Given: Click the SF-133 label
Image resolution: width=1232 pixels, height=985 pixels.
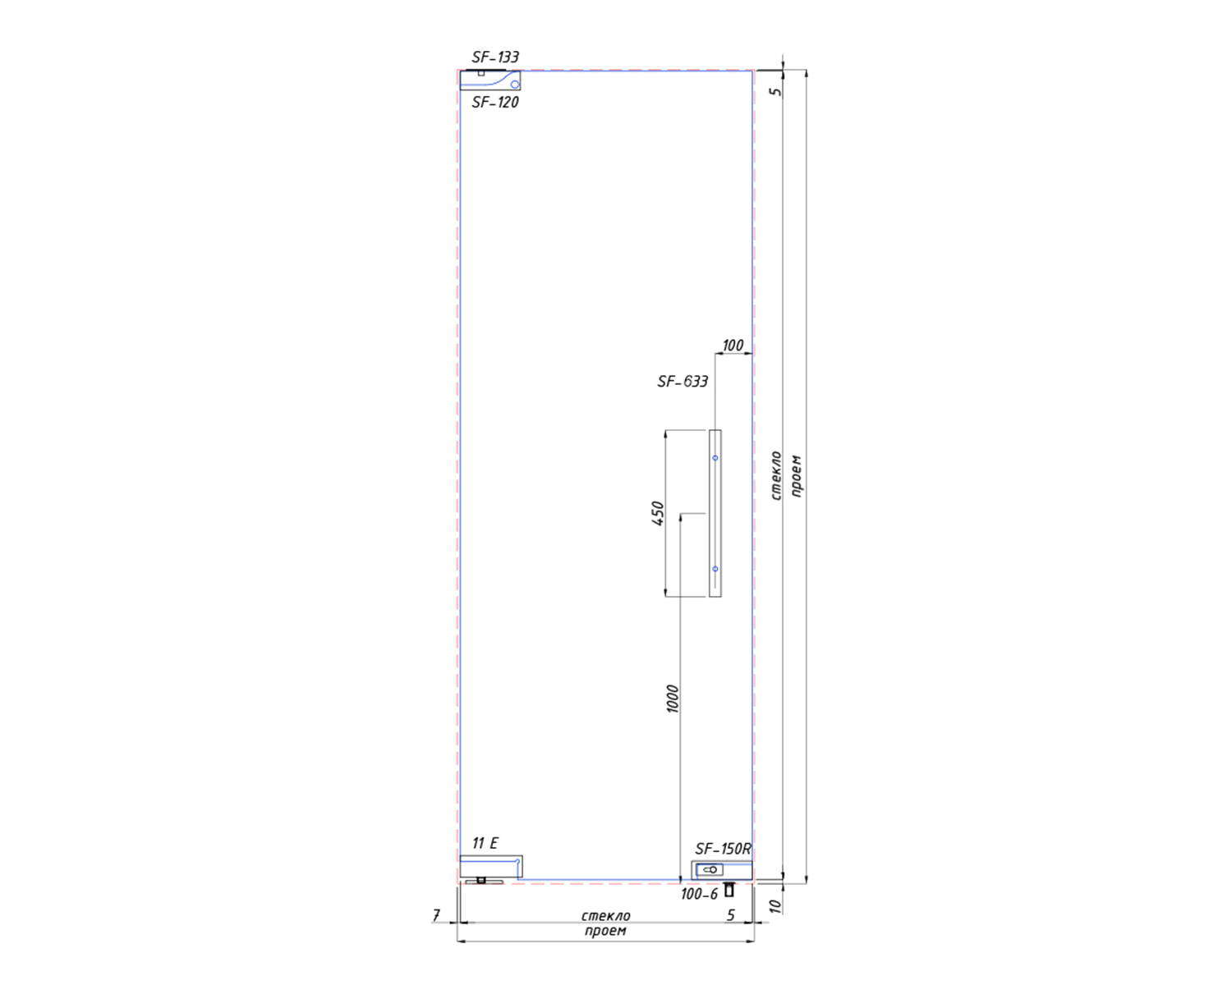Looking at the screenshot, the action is [495, 57].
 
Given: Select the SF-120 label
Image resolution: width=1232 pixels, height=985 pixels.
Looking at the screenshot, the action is [495, 103].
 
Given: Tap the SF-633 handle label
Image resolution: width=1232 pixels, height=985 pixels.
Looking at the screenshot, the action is [683, 381].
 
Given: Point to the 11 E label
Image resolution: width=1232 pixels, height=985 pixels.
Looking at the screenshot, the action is [485, 843].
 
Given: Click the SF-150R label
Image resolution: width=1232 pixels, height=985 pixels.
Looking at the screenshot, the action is [723, 849].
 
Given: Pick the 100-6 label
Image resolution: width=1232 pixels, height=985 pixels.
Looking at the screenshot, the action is [699, 894].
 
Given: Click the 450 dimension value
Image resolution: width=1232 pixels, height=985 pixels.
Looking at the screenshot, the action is [659, 513].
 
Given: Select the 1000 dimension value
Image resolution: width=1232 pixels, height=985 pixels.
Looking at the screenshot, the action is [673, 699].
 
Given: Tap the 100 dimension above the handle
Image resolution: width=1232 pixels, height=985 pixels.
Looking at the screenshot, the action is [733, 345].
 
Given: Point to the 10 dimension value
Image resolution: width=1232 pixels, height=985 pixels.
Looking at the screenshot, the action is [775, 906].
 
